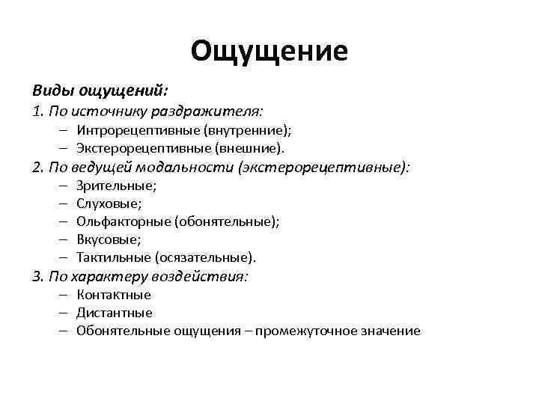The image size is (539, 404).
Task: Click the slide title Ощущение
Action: [269, 51]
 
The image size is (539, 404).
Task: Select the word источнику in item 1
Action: [112, 112]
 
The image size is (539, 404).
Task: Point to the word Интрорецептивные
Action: [130, 130]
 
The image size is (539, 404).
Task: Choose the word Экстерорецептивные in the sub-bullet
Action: [134, 148]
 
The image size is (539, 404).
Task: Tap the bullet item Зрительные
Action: [116, 185]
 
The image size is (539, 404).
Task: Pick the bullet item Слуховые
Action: [109, 203]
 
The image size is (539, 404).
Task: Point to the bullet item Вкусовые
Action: [109, 239]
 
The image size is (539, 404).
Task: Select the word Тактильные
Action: [114, 257]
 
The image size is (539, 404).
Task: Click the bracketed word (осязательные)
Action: [206, 257]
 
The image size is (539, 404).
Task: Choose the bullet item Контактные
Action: [114, 294]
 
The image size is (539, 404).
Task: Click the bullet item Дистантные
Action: [114, 313]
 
